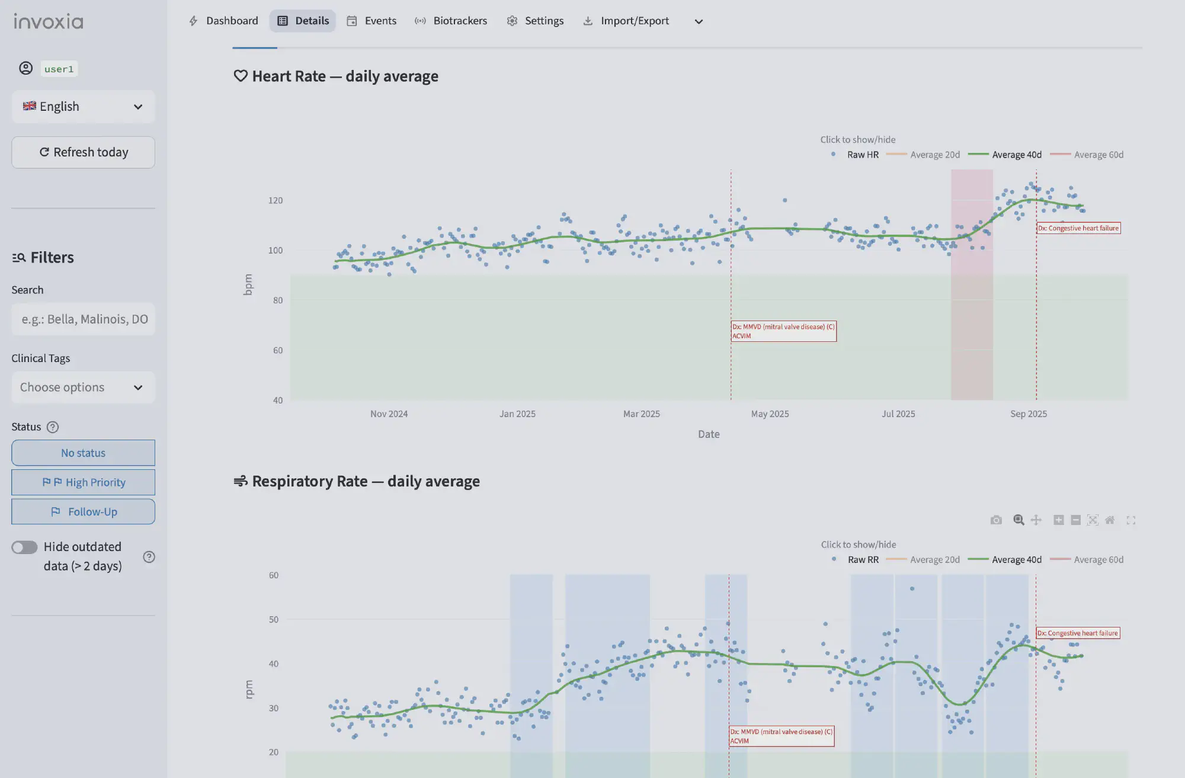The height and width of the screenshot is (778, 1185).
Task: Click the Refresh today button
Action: [83, 152]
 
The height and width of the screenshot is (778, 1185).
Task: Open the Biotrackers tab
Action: [451, 21]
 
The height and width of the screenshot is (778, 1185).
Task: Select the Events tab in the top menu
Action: [371, 21]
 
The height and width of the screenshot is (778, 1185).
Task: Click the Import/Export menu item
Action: [626, 21]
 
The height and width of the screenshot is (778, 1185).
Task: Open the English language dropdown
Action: [83, 107]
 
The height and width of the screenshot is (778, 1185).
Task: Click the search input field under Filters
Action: [83, 319]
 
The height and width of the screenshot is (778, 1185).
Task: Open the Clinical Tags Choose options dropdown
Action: [83, 388]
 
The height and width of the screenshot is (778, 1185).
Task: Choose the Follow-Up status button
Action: [83, 512]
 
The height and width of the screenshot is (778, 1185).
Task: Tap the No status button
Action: [83, 453]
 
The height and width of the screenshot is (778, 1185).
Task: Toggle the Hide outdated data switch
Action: [24, 548]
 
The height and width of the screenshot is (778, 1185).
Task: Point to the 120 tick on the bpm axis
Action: [276, 201]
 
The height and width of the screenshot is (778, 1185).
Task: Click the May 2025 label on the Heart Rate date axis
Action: [770, 414]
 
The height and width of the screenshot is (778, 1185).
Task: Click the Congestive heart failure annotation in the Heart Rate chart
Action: [1078, 228]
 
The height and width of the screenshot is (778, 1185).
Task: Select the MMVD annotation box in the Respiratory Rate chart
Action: [781, 736]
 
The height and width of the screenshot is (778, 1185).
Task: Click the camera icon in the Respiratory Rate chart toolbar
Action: [996, 520]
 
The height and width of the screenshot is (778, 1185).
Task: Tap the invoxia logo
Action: [49, 22]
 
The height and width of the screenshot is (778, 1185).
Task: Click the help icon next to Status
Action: [53, 427]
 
